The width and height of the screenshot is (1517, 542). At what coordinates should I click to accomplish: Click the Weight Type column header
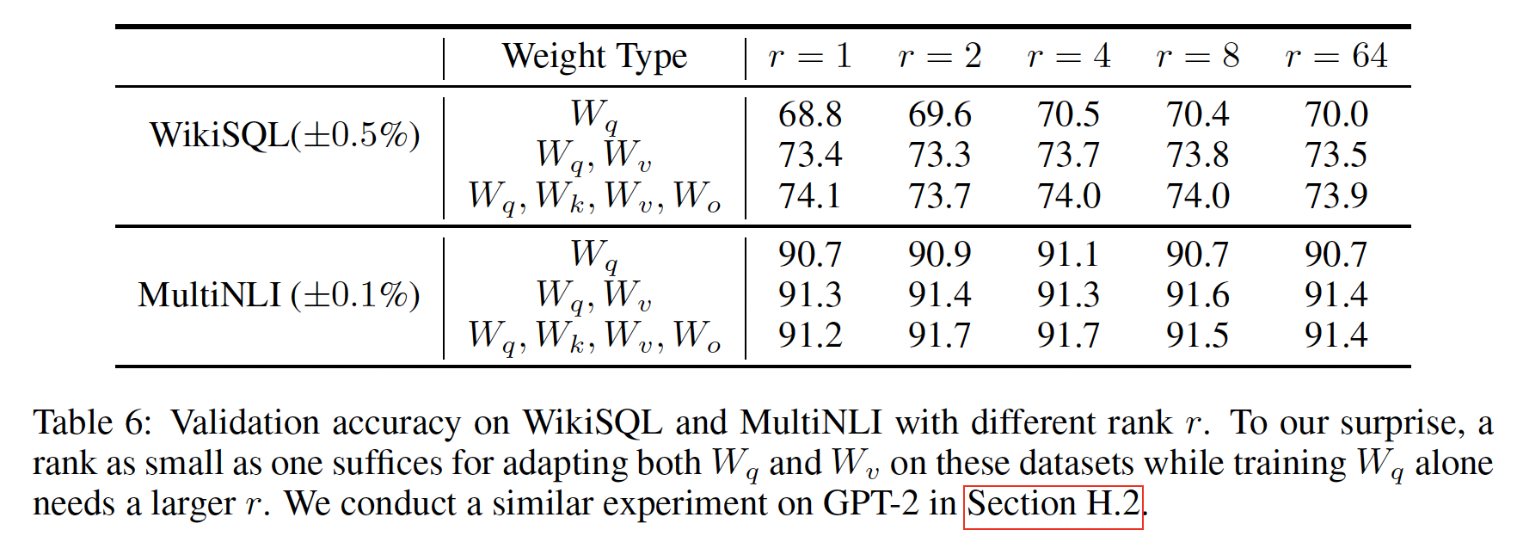click(594, 57)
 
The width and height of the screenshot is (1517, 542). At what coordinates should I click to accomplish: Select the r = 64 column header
click(1336, 57)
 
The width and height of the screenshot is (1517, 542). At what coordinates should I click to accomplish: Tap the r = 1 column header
click(809, 57)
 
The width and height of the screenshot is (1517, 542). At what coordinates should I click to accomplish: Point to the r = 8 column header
click(1197, 57)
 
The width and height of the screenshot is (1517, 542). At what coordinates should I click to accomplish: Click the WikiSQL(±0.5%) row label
click(285, 135)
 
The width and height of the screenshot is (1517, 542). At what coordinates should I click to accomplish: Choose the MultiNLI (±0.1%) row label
click(279, 295)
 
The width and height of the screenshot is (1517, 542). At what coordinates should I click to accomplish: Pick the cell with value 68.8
click(809, 114)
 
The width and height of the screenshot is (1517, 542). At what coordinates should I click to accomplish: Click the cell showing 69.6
click(939, 114)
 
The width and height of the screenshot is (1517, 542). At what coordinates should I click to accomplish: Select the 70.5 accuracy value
click(1068, 114)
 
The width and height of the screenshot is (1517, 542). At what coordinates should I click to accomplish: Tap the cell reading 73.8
click(1197, 155)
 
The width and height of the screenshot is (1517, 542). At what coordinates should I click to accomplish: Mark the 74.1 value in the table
click(809, 195)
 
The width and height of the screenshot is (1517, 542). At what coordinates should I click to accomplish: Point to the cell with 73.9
click(1336, 195)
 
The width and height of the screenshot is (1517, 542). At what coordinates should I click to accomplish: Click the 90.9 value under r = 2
click(939, 255)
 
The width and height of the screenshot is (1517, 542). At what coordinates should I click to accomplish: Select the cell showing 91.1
click(1068, 255)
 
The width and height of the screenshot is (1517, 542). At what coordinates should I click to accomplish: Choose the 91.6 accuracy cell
click(1197, 295)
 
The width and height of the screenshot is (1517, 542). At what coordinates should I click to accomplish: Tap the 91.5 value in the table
click(1197, 335)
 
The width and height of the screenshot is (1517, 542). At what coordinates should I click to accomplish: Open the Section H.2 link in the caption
click(1053, 503)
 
